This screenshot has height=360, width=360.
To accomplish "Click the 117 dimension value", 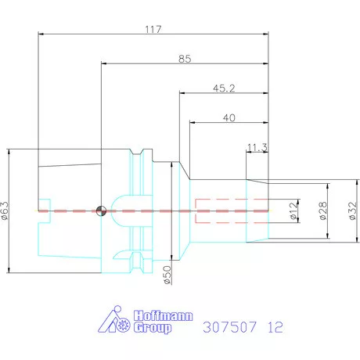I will pos(153,29).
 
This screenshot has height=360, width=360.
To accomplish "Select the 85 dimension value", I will pos(185,59).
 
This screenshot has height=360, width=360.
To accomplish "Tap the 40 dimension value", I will pos(229,117).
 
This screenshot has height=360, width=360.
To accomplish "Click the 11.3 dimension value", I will pos(256,146).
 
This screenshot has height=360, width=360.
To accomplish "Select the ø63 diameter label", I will pos(6,211).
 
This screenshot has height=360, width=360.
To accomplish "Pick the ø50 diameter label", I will pos(167,275).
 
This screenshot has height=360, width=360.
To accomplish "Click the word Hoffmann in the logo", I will pos(162,315).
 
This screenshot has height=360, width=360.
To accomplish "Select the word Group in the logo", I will pos(153,329).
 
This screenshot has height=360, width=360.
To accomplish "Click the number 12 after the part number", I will pos(276,325).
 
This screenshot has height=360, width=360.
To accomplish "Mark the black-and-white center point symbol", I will pos(100,211).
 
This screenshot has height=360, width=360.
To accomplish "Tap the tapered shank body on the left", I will pos(70,188).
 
